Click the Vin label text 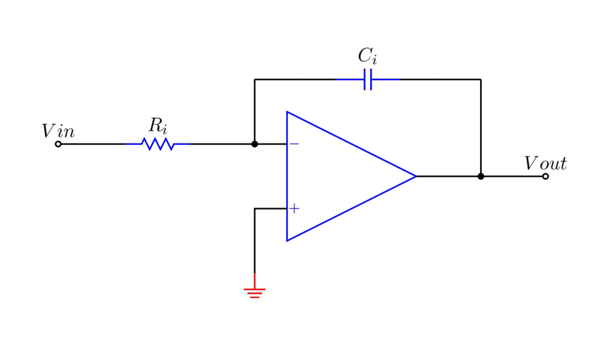[58, 131]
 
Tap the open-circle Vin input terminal [58, 144]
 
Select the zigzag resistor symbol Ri [158, 144]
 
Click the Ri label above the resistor [158, 126]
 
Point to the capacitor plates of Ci [368, 80]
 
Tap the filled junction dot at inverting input [254, 144]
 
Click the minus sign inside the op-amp [294, 144]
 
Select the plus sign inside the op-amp [294, 208]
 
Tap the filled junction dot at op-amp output [481, 176]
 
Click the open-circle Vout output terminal [545, 176]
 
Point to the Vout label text [545, 164]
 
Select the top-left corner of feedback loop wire [254, 80]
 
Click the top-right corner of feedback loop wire [481, 80]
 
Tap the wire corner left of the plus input [254, 208]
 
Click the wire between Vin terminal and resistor [93, 144]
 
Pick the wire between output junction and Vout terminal [512, 176]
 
